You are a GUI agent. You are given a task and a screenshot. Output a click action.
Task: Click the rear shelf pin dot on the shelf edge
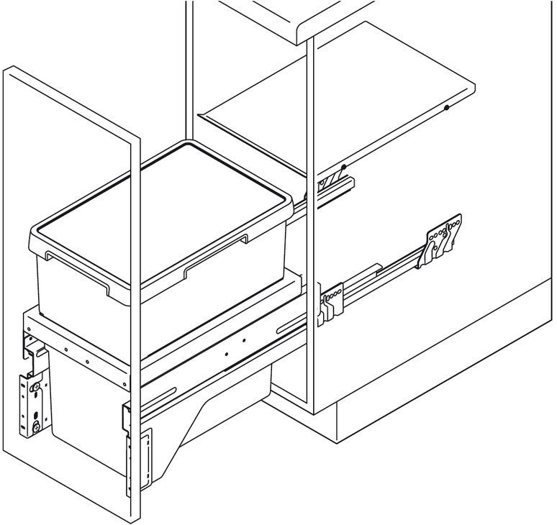tap(447, 108)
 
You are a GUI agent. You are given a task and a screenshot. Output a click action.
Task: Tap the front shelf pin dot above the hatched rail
tap(344, 168)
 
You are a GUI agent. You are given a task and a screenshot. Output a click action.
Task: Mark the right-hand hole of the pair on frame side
tap(244, 340)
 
